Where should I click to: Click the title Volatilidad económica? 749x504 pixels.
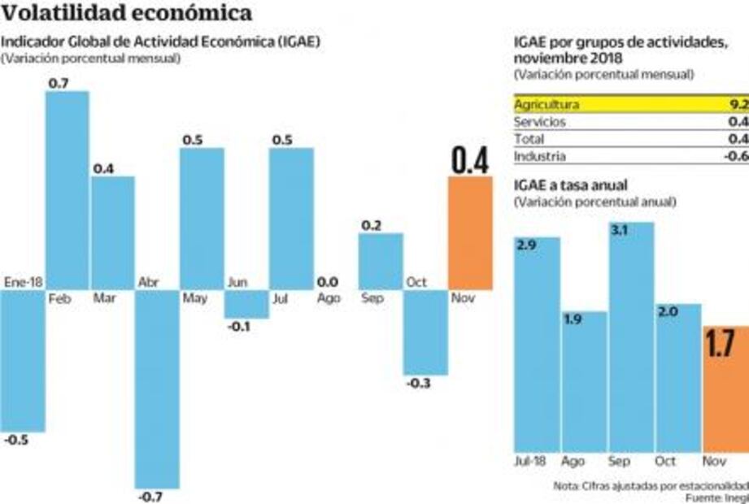pos(126,14)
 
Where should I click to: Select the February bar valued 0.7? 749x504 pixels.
pos(67,190)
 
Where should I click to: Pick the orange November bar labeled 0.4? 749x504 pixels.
pos(470,233)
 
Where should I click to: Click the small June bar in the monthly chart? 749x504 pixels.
pos(246,304)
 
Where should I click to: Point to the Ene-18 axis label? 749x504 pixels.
pos(23,282)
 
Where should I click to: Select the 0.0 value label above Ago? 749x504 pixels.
pos(328,281)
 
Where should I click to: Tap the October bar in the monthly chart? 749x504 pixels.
pos(425,332)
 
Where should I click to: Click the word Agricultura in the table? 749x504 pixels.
pos(547,105)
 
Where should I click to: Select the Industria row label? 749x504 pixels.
pos(540,156)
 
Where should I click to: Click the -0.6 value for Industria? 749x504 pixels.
pos(736,156)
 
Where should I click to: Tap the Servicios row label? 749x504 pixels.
pos(540,122)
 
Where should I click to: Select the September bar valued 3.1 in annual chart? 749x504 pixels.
pos(631,337)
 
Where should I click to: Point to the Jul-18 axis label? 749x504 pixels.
pos(530,460)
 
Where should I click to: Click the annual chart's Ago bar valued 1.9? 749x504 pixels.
pos(584,381)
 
